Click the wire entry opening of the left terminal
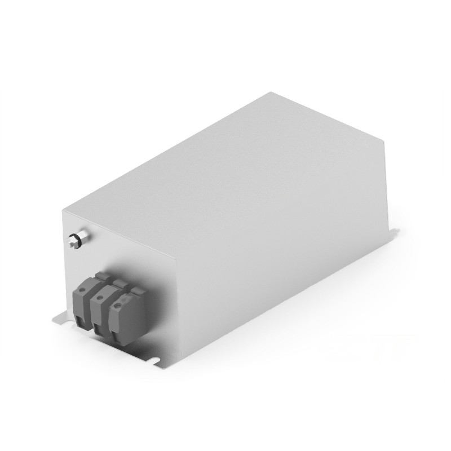click(x=82, y=321)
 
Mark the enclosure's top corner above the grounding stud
click(x=63, y=210)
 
